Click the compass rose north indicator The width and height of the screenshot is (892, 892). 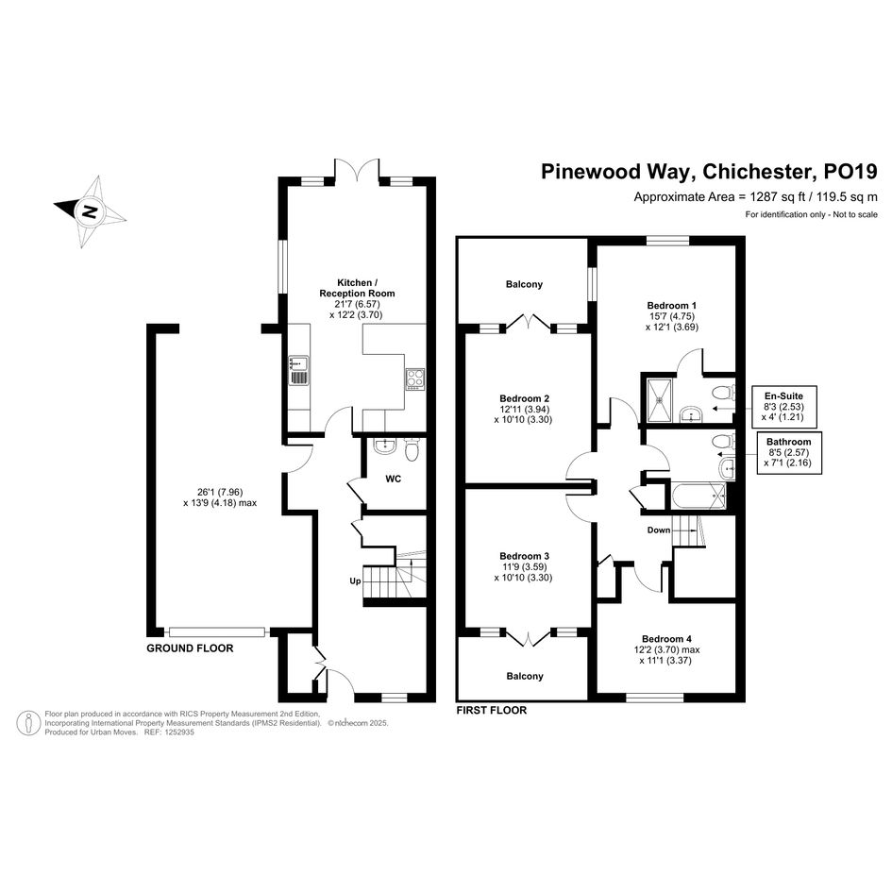click(90, 211)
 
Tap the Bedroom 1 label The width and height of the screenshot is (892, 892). click(671, 306)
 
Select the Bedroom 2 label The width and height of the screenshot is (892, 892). click(524, 398)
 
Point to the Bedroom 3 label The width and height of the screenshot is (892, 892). click(524, 556)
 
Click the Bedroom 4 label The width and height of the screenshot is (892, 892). click(666, 639)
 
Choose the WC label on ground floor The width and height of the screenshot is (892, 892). click(393, 479)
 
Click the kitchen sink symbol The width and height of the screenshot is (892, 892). click(298, 370)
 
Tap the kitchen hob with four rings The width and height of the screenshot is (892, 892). click(414, 379)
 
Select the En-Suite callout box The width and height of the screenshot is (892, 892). click(783, 407)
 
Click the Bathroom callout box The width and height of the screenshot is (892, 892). click(788, 452)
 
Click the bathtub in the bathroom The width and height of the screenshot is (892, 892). click(698, 496)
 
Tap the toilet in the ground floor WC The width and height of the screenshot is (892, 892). click(412, 449)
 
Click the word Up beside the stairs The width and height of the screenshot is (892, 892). click(355, 581)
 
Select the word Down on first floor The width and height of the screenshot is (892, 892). click(659, 530)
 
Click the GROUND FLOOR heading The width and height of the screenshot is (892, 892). click(190, 648)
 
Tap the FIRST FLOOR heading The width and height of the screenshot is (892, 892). click(492, 710)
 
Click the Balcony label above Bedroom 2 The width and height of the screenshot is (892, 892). click(524, 284)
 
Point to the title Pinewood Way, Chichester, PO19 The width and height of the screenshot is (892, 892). click(709, 171)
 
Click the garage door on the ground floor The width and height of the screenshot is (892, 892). click(217, 631)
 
